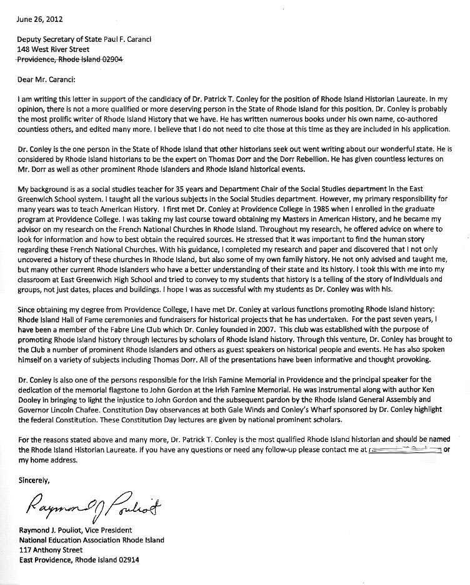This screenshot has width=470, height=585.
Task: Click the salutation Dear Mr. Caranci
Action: (x=46, y=79)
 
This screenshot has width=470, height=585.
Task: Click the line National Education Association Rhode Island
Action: (x=91, y=540)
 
